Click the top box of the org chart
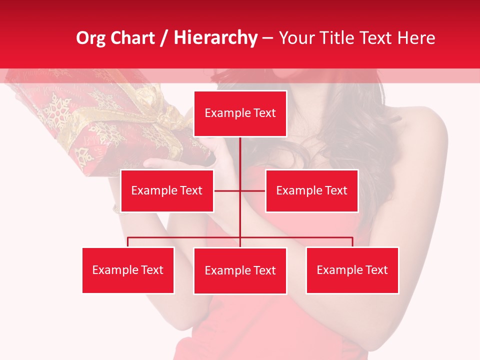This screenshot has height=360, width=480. [240, 113]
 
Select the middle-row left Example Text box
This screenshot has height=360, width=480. [167, 190]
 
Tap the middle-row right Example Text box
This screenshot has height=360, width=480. [311, 190]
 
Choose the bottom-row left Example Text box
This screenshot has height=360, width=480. [128, 270]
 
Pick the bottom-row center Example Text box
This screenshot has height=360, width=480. [240, 270]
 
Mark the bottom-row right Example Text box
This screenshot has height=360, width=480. [352, 270]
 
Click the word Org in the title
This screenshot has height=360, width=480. [90, 38]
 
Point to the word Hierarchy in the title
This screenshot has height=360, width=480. [215, 38]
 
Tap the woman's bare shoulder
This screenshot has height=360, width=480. [425, 130]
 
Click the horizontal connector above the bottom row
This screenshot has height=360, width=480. [300, 237]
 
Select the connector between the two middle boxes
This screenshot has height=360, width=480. [240, 190]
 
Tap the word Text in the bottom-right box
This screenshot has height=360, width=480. [376, 270]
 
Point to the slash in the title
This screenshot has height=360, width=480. [164, 38]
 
